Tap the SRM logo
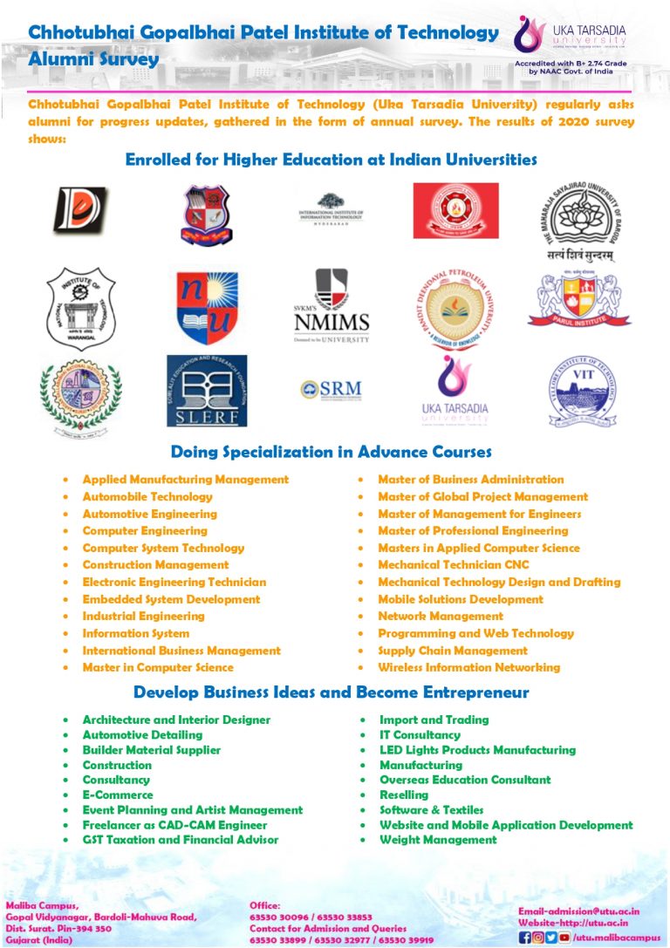330,389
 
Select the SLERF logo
207,390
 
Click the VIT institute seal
583,389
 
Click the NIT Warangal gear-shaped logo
80,309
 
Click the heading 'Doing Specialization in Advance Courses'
331,452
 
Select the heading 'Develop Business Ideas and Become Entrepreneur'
331,692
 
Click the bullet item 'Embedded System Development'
171,599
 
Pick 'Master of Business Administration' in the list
470,479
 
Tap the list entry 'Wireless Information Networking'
468,667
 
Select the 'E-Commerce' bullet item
117,795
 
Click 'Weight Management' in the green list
438,840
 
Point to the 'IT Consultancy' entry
420,734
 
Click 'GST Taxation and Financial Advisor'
181,840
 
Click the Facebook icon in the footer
524,938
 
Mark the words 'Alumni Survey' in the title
94,59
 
